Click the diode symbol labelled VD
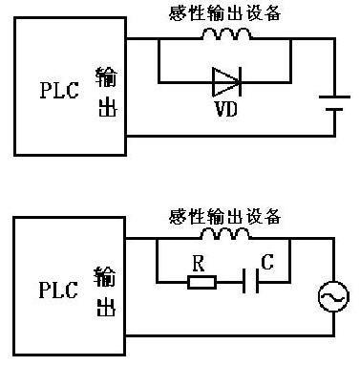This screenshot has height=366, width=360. tap(226, 82)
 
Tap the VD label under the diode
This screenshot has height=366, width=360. tap(226, 109)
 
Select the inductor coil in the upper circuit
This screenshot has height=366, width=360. tap(226, 33)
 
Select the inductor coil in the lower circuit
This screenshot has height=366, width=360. tap(225, 233)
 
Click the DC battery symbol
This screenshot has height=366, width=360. tap(334, 103)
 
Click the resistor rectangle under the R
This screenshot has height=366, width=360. tap(202, 283)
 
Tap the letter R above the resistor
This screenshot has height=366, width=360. tap(199, 264)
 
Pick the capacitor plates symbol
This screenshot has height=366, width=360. tap(251, 281)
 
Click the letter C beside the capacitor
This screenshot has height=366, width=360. tap(267, 262)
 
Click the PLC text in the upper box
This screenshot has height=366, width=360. tap(59, 90)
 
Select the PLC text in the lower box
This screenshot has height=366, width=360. tap(58, 290)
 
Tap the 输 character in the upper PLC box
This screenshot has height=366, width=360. tap(106, 77)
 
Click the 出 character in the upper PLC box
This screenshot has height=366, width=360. tap(108, 107)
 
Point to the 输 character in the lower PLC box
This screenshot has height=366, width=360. tap(105, 276)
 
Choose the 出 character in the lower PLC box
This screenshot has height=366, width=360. tap(106, 307)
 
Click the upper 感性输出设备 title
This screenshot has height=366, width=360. tap(225, 13)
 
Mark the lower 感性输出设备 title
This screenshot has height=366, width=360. tap(224, 216)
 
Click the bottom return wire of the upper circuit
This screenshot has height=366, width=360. tap(230, 136)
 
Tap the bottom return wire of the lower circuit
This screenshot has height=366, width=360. tap(229, 335)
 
